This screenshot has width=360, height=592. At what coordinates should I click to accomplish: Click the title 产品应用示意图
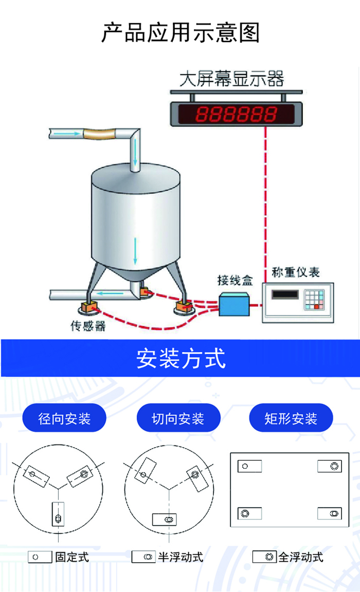point(181,33)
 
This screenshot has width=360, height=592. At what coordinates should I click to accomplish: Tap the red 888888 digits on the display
point(237,114)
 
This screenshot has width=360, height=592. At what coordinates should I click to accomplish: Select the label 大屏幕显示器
point(231,79)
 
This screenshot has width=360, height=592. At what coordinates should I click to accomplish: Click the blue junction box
point(234,304)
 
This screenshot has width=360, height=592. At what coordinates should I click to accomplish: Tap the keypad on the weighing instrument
point(315,300)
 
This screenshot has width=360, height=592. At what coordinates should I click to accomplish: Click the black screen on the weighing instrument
point(285,294)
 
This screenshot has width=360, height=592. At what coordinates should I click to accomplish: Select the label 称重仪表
point(296,272)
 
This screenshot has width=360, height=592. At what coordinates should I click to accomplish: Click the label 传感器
point(88,326)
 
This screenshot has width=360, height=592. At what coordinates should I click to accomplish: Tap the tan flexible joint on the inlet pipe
point(99,134)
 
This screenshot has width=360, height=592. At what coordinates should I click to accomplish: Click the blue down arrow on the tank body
point(135,251)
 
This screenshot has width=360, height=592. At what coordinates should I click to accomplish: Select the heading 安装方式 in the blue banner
point(181,358)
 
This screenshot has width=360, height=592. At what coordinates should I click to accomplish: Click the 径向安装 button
point(64,418)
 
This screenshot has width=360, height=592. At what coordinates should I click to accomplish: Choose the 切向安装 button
point(178,418)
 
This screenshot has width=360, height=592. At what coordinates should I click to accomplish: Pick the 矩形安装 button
point(291,418)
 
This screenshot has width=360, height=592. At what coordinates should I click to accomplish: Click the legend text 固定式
point(72,557)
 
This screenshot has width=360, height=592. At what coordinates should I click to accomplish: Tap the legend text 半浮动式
point(181,557)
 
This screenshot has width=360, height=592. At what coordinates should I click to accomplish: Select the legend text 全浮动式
point(301,557)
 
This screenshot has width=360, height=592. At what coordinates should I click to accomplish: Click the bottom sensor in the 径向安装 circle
point(58,514)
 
